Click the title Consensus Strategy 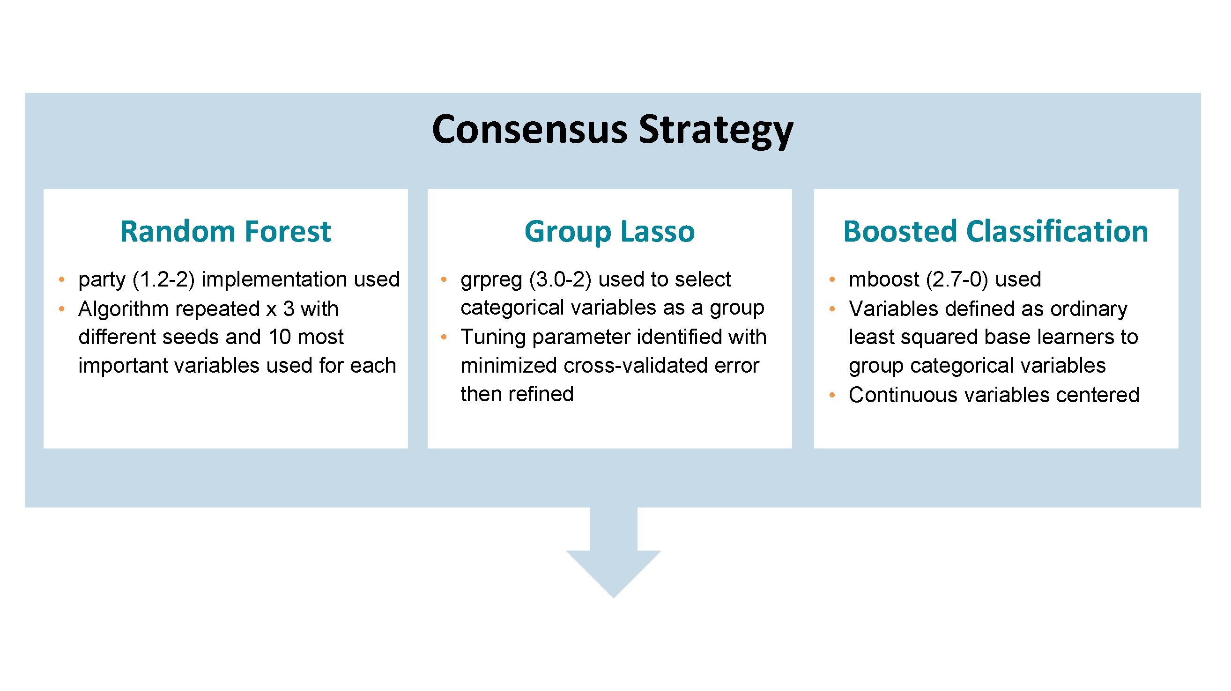[x=612, y=130]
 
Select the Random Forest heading [x=225, y=232]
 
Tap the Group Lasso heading [x=609, y=232]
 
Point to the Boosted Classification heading [x=995, y=232]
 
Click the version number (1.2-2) [x=163, y=279]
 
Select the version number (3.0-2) [x=560, y=279]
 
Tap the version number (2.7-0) [x=957, y=279]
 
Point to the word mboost [x=883, y=279]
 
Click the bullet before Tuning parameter [x=444, y=337]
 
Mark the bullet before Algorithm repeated [x=62, y=309]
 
